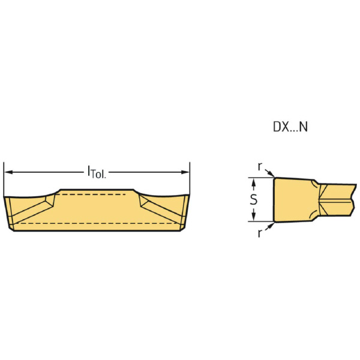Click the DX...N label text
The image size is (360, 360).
pos(290,127)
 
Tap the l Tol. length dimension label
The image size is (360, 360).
pos(97,172)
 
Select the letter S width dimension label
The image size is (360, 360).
pos(253,200)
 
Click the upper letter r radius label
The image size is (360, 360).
pos(260,166)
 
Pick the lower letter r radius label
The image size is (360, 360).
pos(260,233)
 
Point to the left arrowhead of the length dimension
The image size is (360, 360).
pos(8,172)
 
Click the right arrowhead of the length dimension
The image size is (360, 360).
pos(185,172)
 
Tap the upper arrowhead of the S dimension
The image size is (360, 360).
pos(253,183)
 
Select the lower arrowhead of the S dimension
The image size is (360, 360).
pos(253,217)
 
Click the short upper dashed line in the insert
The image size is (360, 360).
pos(90,194)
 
